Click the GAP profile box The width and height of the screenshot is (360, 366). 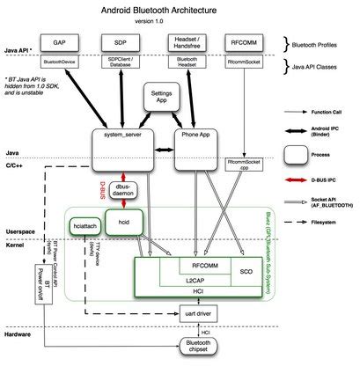60,42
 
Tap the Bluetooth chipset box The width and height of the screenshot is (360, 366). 201,347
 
